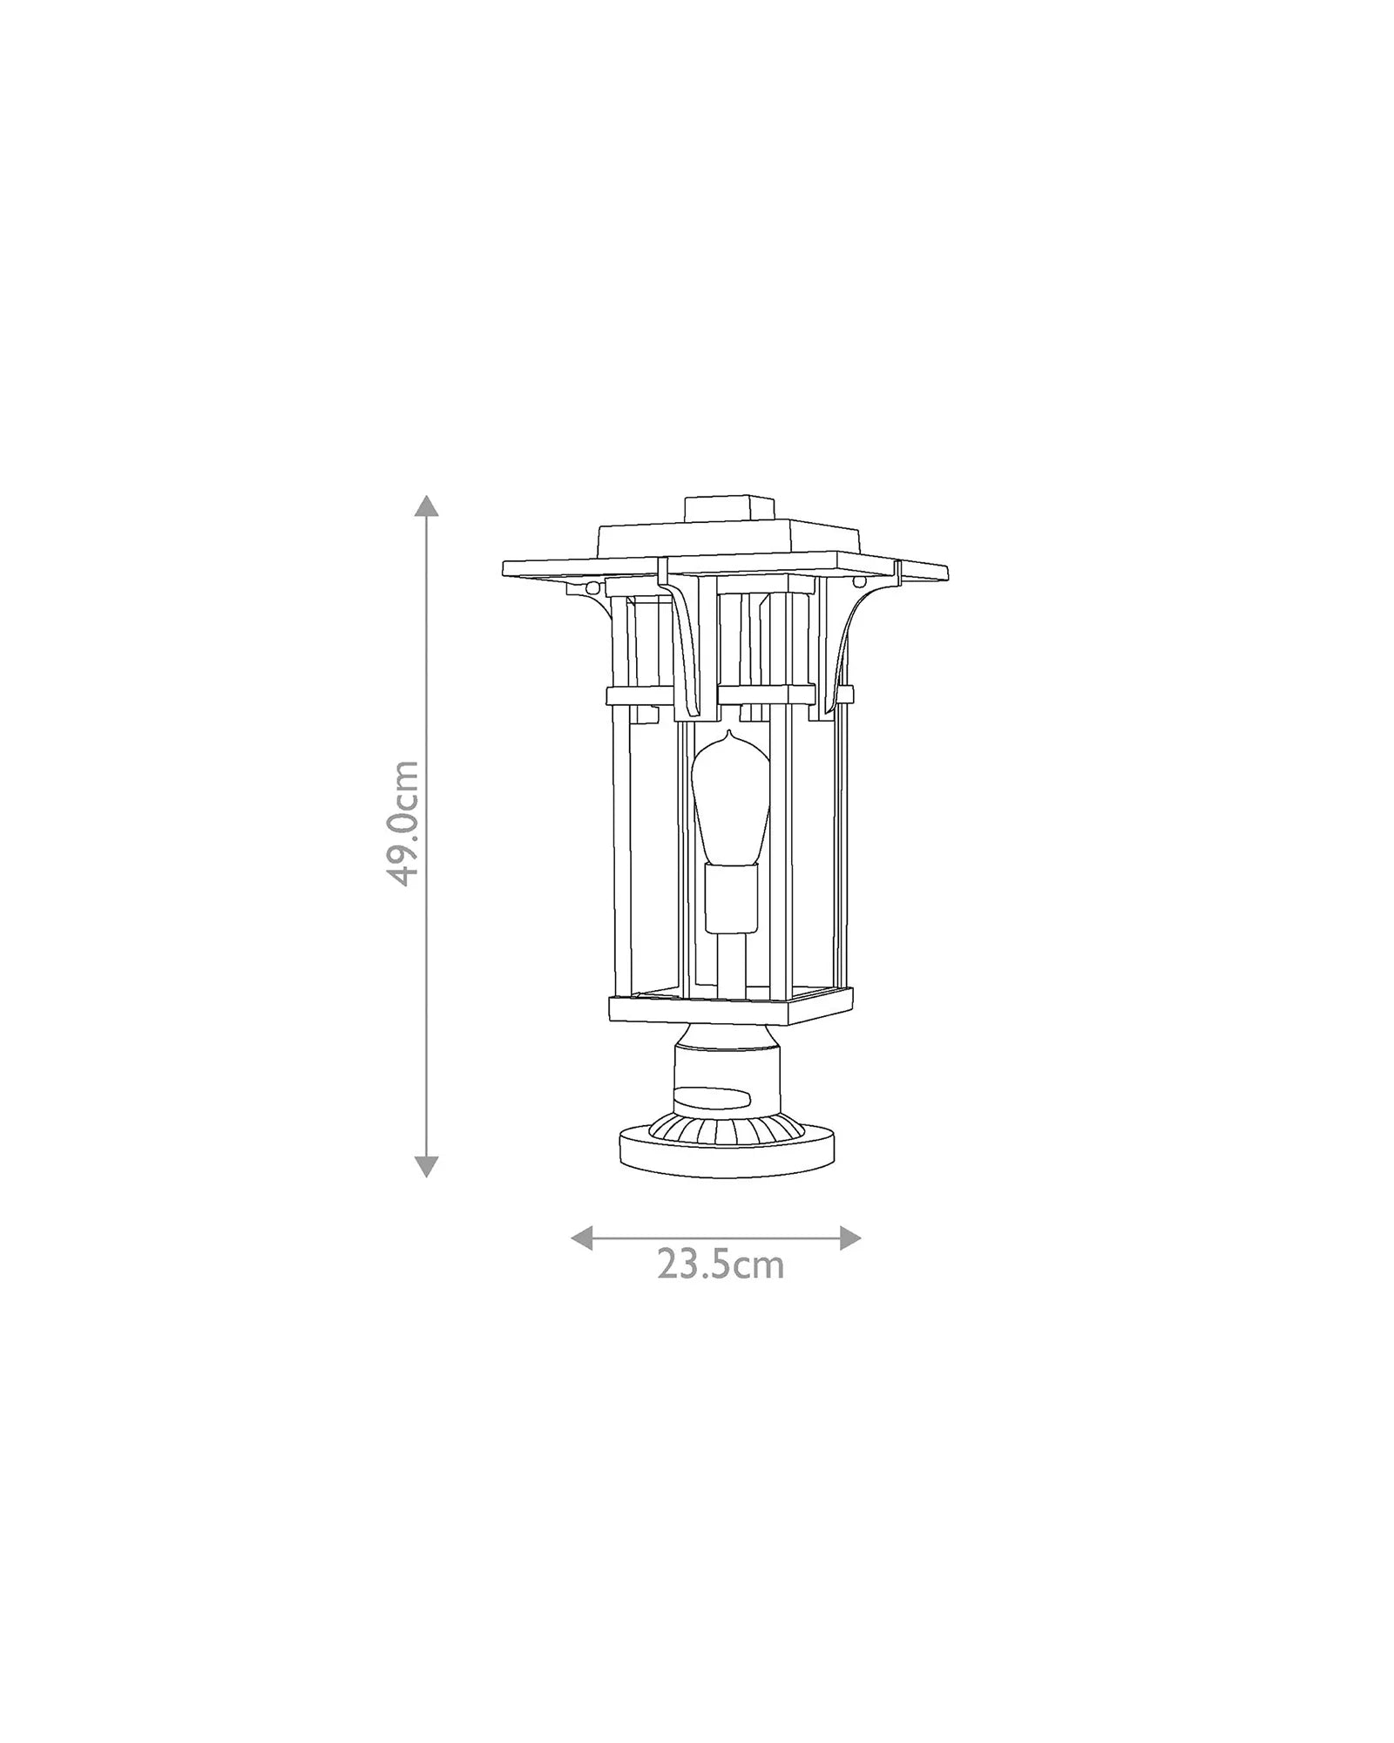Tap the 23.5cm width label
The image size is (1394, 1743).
[721, 1264]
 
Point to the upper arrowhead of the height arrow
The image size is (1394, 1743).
[425, 506]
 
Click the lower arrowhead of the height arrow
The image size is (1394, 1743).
[425, 1165]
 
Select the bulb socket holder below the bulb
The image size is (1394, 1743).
[732, 899]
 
